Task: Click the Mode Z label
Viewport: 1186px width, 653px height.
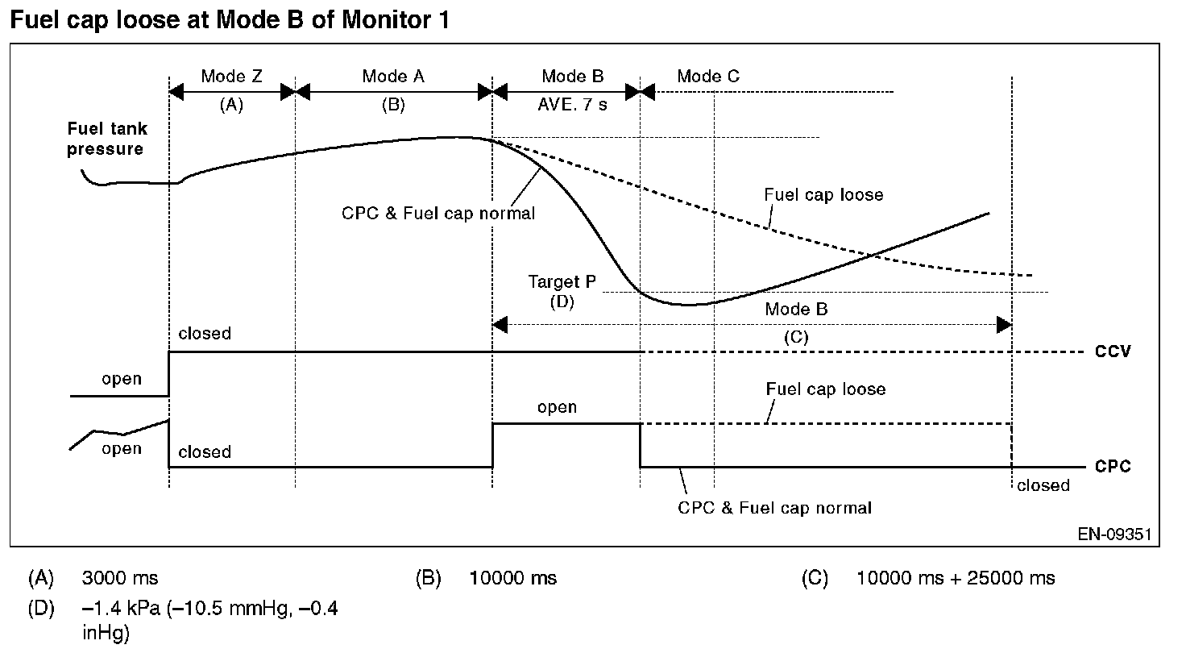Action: point(231,77)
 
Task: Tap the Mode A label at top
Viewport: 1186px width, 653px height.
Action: point(393,77)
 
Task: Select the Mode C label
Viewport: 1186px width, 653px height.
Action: point(708,77)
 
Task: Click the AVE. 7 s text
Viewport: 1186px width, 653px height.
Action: point(572,104)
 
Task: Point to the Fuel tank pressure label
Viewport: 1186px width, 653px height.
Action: point(106,139)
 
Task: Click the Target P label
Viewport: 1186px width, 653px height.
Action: point(562,281)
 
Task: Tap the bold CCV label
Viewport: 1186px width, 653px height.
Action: point(1113,351)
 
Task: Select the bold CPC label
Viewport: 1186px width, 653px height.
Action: point(1113,466)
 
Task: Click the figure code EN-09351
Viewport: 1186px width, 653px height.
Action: point(1114,534)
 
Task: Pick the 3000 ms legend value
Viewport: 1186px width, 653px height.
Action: point(120,578)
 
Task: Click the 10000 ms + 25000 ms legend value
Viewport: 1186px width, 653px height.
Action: point(956,578)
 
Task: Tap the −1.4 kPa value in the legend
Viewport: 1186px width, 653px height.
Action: point(121,609)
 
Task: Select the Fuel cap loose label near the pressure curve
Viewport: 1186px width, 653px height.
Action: point(823,195)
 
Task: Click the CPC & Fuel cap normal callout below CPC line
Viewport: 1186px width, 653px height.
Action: point(774,508)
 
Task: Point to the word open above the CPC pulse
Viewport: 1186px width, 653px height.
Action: point(557,407)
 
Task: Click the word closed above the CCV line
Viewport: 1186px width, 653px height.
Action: point(205,333)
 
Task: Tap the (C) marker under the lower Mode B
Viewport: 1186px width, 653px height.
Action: point(796,337)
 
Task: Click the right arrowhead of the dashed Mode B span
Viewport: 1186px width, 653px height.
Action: point(1005,325)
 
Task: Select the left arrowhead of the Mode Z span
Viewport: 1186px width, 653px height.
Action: point(176,92)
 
